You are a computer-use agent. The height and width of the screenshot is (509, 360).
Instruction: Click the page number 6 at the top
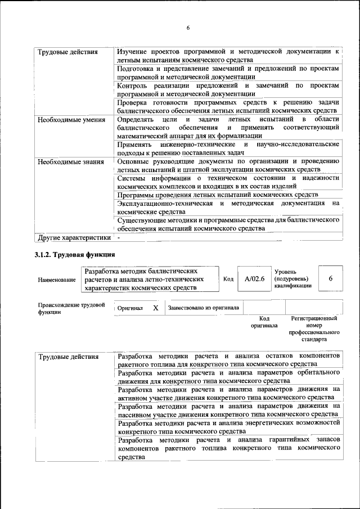pyautogui.click(x=188, y=28)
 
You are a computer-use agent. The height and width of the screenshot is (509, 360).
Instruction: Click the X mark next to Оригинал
pyautogui.click(x=155, y=308)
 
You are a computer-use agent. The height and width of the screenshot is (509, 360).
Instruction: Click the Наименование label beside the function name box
pyautogui.click(x=56, y=280)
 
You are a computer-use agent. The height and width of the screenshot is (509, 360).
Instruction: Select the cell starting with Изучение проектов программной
pyautogui.click(x=228, y=55)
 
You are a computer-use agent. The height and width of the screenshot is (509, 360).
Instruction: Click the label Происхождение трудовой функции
pyautogui.click(x=71, y=308)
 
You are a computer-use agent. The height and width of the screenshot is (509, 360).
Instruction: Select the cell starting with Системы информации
pyautogui.click(x=228, y=182)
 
